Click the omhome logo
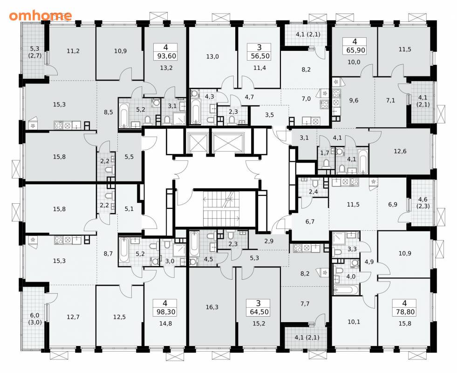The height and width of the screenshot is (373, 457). pos(40,15)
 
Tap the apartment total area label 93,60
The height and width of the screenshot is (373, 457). pos(166,55)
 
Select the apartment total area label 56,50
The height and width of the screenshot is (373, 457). pos(259,55)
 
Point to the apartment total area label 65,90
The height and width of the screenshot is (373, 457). pos(355,50)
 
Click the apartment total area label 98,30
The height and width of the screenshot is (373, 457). pos(166,312)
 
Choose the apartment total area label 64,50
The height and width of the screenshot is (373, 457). pos(259,312)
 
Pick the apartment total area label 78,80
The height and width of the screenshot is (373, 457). pos(405,312)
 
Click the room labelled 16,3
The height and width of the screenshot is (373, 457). pos(212,306)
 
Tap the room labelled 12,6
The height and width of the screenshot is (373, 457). pos(400,152)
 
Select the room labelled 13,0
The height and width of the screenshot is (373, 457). pos(212,56)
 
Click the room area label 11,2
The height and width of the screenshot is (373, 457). pos(73,51)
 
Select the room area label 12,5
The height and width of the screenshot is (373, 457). pos(120,317)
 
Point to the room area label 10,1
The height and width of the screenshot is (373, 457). pos(354,322)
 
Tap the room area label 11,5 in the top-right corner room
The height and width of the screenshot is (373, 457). pos(405,49)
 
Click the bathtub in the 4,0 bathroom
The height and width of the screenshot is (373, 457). pos(346,290)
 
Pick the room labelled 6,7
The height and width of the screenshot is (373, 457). pos(310,221)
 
